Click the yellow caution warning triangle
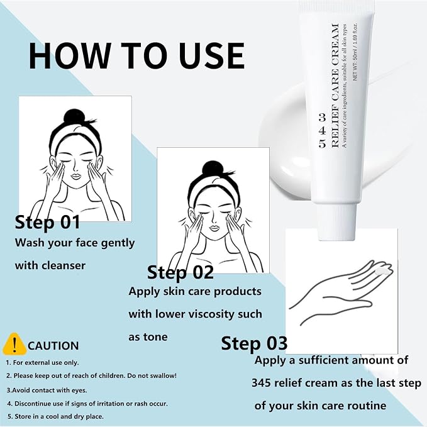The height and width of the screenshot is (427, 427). pyautogui.click(x=14, y=343)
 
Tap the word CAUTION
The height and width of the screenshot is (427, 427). pyautogui.click(x=53, y=346)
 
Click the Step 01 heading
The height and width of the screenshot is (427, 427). pyautogui.click(x=47, y=222)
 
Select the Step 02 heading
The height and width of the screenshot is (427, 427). pyautogui.click(x=180, y=272)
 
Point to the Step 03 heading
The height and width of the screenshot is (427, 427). pyautogui.click(x=254, y=343)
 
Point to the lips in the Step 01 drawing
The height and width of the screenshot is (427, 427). pyautogui.click(x=76, y=175)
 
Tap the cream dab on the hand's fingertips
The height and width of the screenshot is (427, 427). pyautogui.click(x=383, y=270)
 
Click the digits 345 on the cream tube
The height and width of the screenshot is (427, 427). pyautogui.click(x=322, y=131)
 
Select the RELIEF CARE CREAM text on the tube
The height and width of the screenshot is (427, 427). pyautogui.click(x=335, y=86)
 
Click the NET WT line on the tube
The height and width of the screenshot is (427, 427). pyautogui.click(x=355, y=52)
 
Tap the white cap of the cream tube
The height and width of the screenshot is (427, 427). pyautogui.click(x=336, y=221)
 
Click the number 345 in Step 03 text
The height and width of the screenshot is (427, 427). pyautogui.click(x=261, y=383)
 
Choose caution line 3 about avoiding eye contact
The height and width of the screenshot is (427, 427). pyautogui.click(x=47, y=391)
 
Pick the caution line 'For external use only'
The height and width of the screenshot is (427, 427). pyautogui.click(x=43, y=363)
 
